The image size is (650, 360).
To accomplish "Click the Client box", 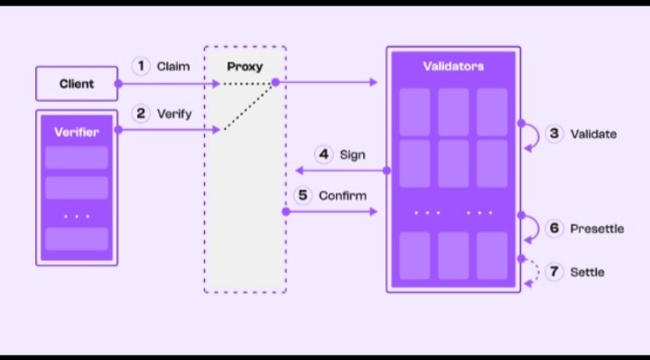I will tap(77, 84).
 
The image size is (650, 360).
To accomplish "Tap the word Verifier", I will tap(77, 132).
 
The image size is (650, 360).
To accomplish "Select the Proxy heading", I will tap(245, 67).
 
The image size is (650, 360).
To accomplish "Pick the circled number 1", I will tap(141, 66).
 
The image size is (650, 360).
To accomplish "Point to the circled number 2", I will tap(141, 114).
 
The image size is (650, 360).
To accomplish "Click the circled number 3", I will tap(554, 134).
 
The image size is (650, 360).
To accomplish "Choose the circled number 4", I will tap(323, 154).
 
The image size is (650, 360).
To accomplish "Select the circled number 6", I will tap(554, 228).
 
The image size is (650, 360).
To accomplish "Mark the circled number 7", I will tap(554, 272).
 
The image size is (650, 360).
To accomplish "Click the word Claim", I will tap(173, 66).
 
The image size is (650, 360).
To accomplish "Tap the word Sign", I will tap(353, 154).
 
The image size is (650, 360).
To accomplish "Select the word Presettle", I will tap(597, 228).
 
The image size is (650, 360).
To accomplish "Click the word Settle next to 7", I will tap(588, 272).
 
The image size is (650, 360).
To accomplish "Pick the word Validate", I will tap(594, 134).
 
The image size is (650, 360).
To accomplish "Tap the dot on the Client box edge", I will tap(118, 84).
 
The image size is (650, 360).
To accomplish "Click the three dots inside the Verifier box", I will tap(77, 217).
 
